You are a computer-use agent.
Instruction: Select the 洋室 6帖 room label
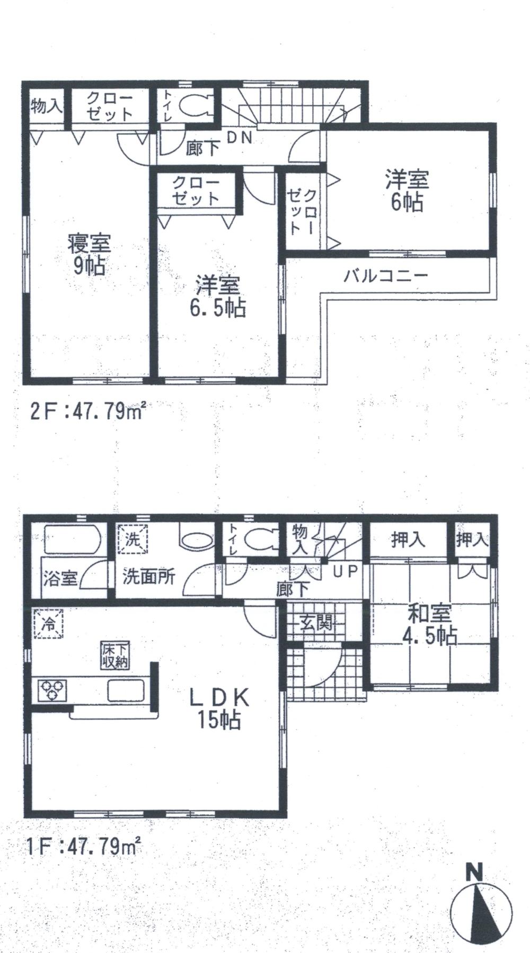[407, 191]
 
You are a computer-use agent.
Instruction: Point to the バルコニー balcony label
[385, 276]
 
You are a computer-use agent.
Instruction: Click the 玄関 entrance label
[317, 623]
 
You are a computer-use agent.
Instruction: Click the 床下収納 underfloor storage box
[116, 655]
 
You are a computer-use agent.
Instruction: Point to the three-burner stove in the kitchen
[52, 689]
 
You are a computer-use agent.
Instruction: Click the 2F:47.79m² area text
[88, 411]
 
